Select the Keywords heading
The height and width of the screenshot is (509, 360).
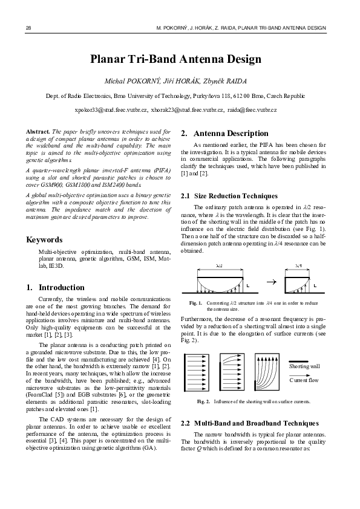pyautogui.click(x=44, y=239)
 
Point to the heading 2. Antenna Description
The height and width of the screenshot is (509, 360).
pyautogui.click(x=224, y=133)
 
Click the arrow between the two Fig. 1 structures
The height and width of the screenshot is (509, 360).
pyautogui.click(x=271, y=282)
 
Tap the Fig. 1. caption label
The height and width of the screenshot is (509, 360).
pyautogui.click(x=195, y=302)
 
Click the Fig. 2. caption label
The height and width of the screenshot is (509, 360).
pyautogui.click(x=203, y=401)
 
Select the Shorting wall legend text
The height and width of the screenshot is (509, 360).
pyautogui.click(x=304, y=366)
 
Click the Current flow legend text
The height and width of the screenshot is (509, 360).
pyautogui.click(x=304, y=381)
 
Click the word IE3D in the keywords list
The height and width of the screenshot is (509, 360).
pyautogui.click(x=57, y=265)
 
